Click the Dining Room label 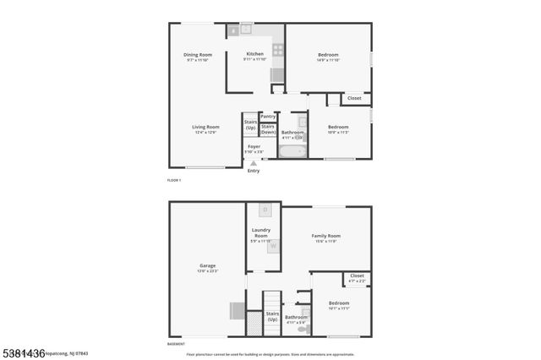click(198, 55)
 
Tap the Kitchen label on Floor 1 click(255, 53)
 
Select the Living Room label click(205, 127)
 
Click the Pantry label click(268, 117)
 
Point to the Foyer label click(254, 146)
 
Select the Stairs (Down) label click(268, 130)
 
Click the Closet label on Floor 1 click(354, 98)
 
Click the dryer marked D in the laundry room click(265, 209)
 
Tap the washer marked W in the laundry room click(272, 246)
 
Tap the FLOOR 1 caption click(174, 181)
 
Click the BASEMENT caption click(177, 345)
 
